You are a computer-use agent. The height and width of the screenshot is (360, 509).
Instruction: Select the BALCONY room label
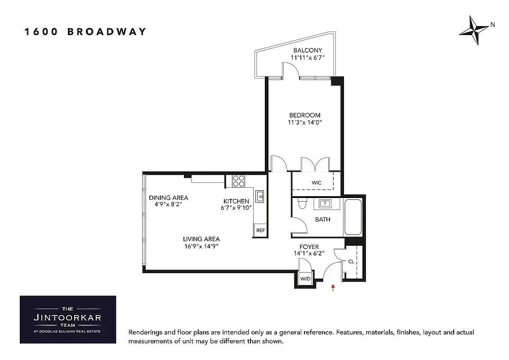pos(308,50)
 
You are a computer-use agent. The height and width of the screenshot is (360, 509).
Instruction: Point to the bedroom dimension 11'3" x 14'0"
pos(305,122)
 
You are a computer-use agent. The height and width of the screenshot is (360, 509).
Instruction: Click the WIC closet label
pos(317,183)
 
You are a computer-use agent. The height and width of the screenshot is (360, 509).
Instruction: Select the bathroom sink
pos(325,203)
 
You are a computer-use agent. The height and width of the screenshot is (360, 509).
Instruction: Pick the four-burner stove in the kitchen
pos(238,180)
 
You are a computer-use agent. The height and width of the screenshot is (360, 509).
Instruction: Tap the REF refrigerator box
pos(260,230)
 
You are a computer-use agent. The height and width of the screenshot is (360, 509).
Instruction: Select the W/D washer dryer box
pos(305,279)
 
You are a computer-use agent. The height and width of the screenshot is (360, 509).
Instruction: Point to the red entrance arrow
pos(333,288)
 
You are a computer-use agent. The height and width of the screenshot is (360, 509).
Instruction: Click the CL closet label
pos(351,261)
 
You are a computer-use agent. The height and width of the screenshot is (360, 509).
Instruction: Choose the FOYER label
pos(309,247)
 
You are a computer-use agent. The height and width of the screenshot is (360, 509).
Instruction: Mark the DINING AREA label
pos(168,198)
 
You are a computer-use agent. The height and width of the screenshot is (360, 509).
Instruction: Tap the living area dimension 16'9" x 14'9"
pos(201,246)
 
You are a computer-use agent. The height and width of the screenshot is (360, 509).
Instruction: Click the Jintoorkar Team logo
pos(68,319)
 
